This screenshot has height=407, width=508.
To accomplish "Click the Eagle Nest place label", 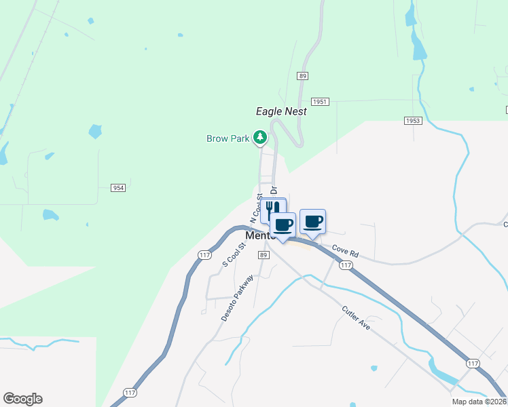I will click(x=281, y=111).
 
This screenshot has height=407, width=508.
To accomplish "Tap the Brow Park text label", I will click(x=228, y=138).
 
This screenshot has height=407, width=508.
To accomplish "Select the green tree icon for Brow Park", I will click(x=259, y=138).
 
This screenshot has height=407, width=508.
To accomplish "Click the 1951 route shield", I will click(x=321, y=101).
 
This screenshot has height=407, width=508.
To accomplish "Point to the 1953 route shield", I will click(x=413, y=121).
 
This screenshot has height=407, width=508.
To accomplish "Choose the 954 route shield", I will click(x=119, y=187).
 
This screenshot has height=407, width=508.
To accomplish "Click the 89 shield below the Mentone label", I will click(x=264, y=254).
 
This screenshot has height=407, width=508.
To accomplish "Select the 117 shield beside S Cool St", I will click(x=204, y=254).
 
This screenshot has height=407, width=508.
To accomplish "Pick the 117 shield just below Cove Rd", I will click(x=346, y=265).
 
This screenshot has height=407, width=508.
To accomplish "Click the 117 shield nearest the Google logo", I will click(x=130, y=393).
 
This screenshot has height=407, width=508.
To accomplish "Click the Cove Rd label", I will click(x=344, y=252).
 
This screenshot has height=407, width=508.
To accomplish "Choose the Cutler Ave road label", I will click(x=356, y=316).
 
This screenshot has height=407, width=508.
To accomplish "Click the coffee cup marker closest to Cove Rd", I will click(x=312, y=222).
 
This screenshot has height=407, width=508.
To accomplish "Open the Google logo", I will click(x=22, y=399).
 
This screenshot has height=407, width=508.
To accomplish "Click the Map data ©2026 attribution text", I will click(x=478, y=402).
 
